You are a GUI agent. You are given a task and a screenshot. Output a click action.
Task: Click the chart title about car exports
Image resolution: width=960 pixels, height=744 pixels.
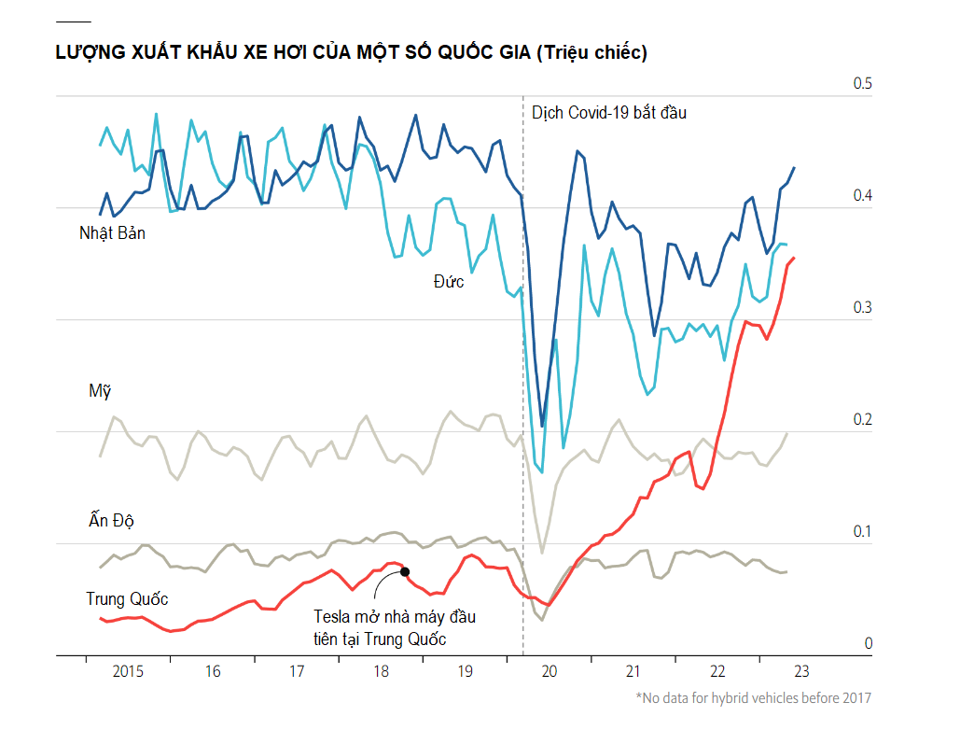tap(352, 53)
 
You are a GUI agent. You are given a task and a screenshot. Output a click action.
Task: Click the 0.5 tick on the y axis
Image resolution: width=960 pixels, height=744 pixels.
tap(861, 84)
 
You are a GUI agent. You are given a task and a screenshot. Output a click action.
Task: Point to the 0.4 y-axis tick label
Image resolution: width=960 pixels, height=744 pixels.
tap(861, 196)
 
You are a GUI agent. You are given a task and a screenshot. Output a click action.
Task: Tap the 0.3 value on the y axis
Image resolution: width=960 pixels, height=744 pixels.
tap(861, 308)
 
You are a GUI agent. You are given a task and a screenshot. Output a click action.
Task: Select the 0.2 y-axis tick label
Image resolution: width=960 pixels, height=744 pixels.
tap(861, 420)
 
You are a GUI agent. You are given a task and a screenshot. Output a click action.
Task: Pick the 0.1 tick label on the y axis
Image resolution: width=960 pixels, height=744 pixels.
tap(861, 532)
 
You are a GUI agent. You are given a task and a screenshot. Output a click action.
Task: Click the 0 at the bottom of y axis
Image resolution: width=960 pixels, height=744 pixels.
tap(868, 644)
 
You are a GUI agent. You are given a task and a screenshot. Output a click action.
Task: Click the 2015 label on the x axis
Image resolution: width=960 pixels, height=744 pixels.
tap(128, 671)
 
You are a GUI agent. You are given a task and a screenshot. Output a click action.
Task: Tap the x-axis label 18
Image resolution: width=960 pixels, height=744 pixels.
tap(381, 671)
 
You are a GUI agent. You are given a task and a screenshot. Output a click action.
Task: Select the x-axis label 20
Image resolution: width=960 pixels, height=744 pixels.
tap(549, 671)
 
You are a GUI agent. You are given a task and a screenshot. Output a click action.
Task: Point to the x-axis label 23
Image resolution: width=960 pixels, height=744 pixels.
tap(800, 671)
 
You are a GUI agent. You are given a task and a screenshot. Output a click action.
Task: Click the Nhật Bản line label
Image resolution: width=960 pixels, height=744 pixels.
tap(112, 233)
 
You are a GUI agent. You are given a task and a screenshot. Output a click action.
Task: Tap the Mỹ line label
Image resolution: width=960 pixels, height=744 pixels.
tap(100, 391)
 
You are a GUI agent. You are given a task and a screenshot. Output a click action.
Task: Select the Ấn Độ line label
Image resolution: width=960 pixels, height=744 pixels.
tap(112, 520)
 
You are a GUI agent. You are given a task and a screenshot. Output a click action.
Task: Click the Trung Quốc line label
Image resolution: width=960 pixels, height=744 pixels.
tap(127, 598)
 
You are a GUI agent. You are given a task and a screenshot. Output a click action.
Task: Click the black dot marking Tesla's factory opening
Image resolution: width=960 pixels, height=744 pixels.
tap(405, 571)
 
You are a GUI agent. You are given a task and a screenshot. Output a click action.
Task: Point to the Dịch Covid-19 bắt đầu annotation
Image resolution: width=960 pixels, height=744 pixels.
tap(608, 113)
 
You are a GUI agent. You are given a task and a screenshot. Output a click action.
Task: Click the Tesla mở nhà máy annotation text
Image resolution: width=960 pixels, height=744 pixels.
tap(394, 627)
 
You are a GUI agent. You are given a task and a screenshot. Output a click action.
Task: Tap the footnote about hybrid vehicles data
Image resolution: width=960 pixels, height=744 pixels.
tap(753, 698)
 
